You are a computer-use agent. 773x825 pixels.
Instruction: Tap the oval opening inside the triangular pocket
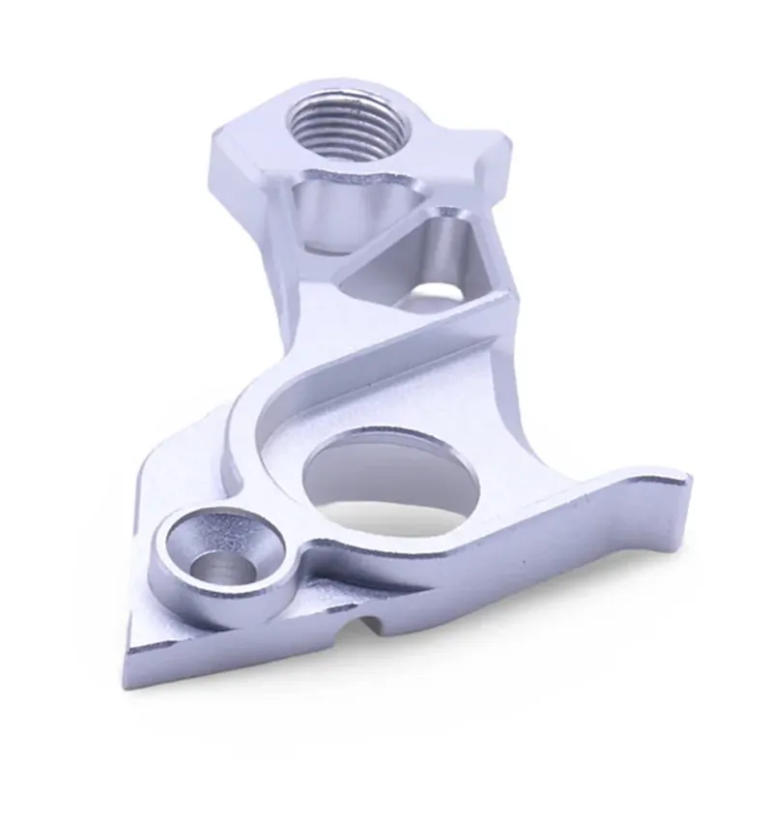point(440,289)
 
